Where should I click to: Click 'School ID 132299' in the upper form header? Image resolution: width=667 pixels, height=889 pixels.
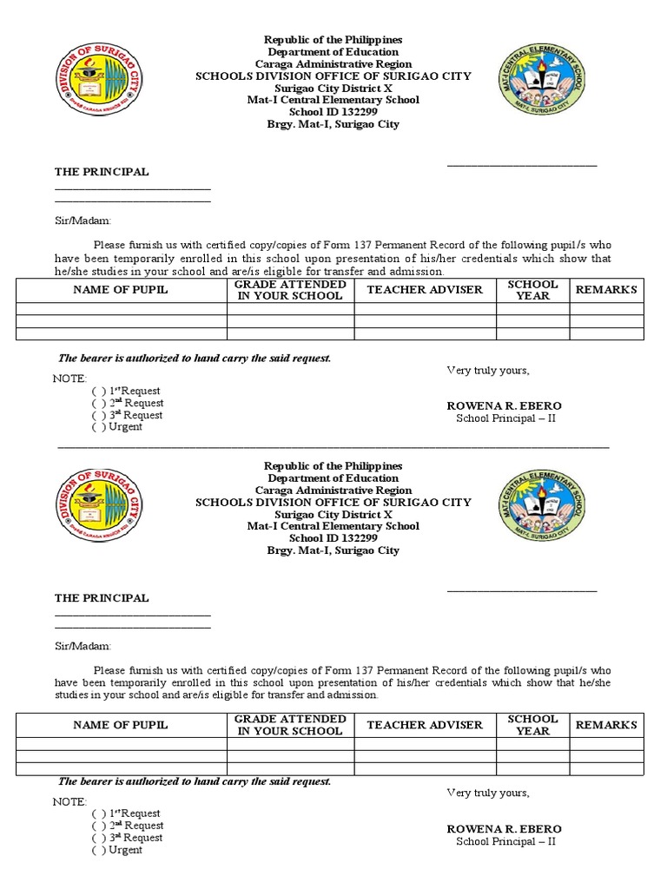point(333,112)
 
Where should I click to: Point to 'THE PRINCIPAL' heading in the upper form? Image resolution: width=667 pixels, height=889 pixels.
point(102,172)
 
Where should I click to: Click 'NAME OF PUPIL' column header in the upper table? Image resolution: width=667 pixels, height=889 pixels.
point(121,290)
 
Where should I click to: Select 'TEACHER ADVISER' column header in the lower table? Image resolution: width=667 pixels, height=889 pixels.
point(425,724)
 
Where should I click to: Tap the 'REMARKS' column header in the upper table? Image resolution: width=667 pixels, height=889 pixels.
point(606,290)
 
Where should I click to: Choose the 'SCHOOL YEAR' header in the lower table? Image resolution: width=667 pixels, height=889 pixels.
point(532,725)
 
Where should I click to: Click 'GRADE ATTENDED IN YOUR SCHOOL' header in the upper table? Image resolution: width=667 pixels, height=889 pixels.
point(290,290)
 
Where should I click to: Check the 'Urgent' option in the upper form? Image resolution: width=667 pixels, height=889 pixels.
point(98,427)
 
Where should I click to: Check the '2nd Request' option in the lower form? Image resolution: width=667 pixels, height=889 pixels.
point(98,826)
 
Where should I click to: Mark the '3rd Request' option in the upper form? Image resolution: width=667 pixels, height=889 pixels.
point(98,415)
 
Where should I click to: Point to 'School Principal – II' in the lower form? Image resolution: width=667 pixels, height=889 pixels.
point(505,841)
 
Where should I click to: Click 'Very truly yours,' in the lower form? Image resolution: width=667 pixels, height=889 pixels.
point(487,793)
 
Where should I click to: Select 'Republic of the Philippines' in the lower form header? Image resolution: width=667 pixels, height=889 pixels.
point(333,466)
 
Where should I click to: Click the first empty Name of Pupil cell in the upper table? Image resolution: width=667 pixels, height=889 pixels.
point(121,309)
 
